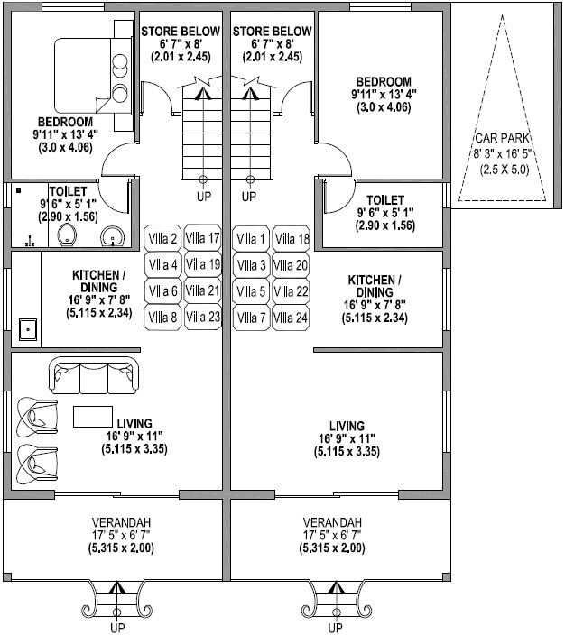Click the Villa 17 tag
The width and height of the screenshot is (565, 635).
203,238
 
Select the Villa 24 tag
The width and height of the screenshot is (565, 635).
291,317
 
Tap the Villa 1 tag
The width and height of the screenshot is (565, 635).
251,238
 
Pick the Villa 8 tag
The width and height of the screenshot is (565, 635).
162,317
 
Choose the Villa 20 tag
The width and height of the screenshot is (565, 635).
291,265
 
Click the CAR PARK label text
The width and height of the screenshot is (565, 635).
503,139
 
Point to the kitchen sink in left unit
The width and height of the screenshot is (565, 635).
28,329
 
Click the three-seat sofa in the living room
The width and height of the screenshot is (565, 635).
94,375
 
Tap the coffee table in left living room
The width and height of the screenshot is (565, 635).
93,417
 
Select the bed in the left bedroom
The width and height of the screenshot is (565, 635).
93,76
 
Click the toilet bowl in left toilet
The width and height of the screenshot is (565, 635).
67,235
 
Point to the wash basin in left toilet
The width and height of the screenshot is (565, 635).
112,236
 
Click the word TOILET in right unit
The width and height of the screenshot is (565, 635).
385,200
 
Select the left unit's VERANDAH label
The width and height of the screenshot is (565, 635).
121,522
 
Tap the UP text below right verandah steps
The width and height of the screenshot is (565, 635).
335,628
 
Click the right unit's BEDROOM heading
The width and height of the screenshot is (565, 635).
384,81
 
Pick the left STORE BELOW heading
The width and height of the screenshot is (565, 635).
181,32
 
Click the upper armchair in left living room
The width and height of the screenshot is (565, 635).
37,417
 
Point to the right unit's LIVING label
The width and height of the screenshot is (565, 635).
347,426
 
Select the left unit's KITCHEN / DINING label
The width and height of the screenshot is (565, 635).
99,281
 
